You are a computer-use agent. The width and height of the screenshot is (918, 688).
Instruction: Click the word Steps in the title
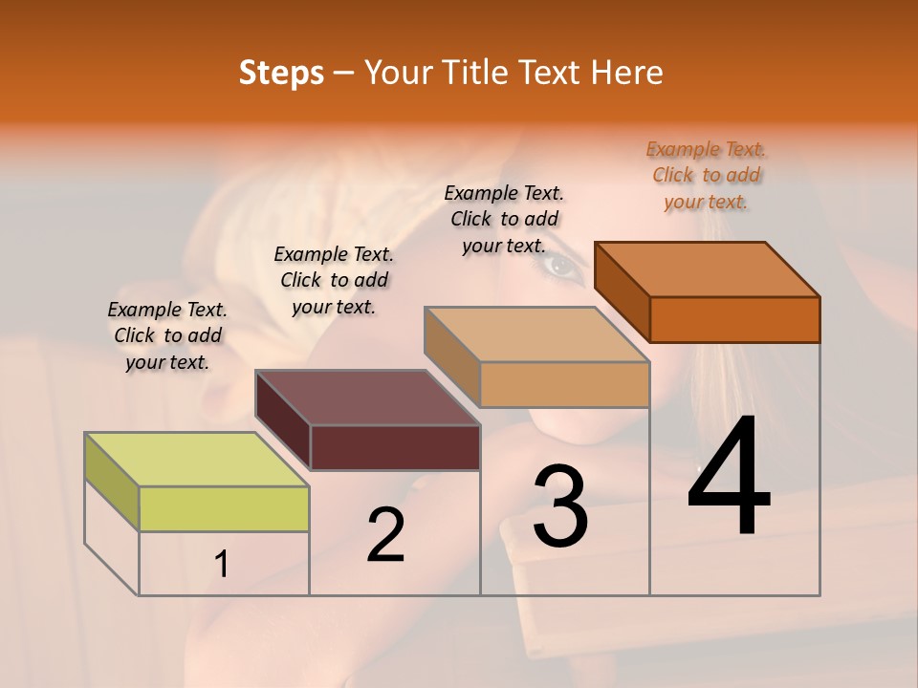[x=281, y=73]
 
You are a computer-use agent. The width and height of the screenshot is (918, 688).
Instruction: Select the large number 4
[x=729, y=478]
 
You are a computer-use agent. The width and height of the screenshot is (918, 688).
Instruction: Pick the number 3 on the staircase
[x=560, y=506]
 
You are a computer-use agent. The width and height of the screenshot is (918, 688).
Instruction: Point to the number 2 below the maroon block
[x=385, y=535]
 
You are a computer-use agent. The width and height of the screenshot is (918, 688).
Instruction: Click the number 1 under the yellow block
[x=222, y=565]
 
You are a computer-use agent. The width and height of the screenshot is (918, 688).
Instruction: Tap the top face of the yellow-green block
[x=196, y=460]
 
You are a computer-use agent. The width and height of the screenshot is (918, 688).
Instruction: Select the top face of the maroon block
[x=367, y=398]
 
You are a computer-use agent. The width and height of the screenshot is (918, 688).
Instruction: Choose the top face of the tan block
[x=536, y=334]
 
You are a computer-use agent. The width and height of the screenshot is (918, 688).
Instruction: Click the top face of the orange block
[x=707, y=269]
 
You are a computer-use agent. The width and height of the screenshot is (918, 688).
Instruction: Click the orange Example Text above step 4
[x=706, y=175]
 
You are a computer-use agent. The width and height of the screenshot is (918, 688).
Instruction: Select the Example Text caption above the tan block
[x=504, y=219]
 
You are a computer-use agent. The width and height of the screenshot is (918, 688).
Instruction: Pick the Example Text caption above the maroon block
[x=334, y=280]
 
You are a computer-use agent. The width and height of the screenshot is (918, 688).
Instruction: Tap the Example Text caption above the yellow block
[x=167, y=335]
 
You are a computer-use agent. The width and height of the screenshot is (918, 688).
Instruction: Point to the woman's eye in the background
[x=562, y=269]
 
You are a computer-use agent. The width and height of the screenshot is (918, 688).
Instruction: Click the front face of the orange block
[x=734, y=319]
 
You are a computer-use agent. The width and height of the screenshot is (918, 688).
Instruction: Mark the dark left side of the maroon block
[x=283, y=420]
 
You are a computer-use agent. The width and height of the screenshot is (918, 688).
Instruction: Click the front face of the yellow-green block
[x=224, y=508]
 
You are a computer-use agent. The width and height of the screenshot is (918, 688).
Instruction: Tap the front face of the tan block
[x=564, y=384]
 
